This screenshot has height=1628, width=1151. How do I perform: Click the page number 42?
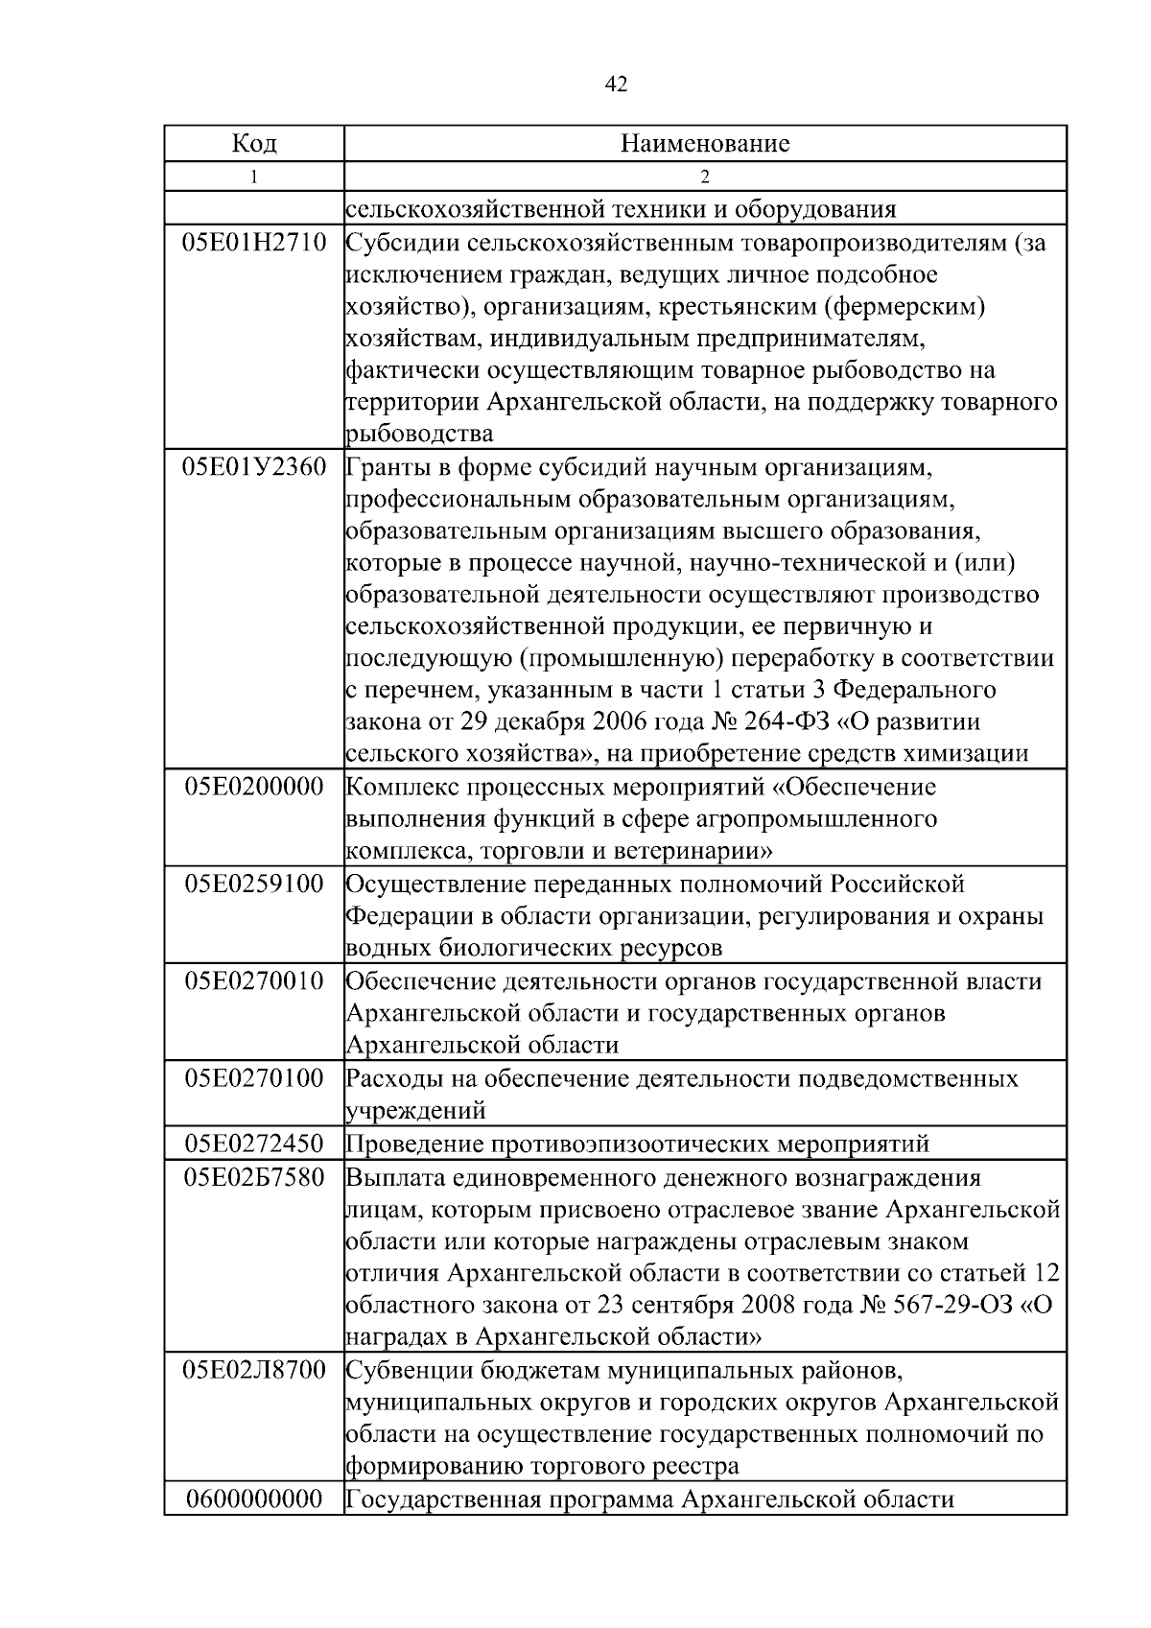[616, 85]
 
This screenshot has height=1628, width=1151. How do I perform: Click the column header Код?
[254, 144]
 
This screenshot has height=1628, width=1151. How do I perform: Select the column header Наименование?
[705, 144]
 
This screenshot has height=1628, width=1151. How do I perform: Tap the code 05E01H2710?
[254, 243]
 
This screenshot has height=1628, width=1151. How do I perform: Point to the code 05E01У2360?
[254, 468]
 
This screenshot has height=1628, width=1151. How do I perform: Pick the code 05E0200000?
[254, 788]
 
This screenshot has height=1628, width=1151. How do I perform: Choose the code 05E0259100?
[254, 884]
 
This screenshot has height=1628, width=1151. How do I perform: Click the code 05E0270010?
[254, 981]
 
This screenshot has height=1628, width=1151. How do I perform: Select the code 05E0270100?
[254, 1078]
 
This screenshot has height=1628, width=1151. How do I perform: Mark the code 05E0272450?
[254, 1144]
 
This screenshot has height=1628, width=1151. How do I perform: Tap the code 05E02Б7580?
[254, 1177]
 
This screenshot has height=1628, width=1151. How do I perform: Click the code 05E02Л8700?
[254, 1370]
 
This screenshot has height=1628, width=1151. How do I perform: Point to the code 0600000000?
[254, 1498]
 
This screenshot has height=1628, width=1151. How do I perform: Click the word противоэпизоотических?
[630, 1144]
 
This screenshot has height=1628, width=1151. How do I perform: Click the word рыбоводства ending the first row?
[419, 434]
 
